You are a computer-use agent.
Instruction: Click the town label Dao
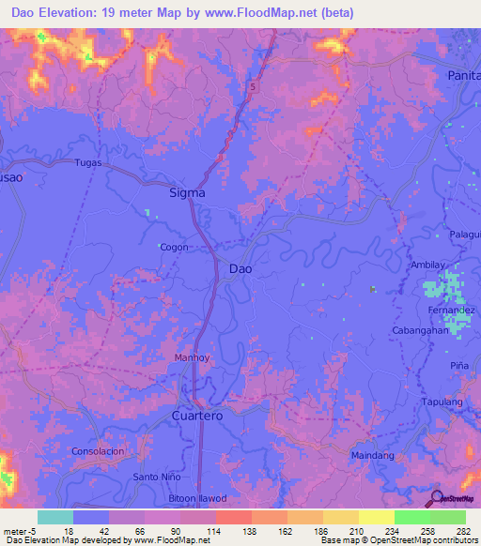pyautogui.click(x=240, y=268)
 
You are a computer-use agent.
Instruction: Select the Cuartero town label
pyautogui.click(x=200, y=415)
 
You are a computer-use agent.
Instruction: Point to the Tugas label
pyautogui.click(x=88, y=162)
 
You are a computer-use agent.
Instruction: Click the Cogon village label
pyautogui.click(x=174, y=248)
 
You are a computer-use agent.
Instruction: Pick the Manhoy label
pyautogui.click(x=194, y=357)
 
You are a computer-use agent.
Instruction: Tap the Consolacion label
pyautogui.click(x=98, y=451)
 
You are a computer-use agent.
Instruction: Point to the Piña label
pyautogui.click(x=458, y=365)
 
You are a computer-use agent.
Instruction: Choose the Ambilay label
pyautogui.click(x=430, y=265)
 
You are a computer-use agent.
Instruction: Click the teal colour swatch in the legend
pyautogui.click(x=55, y=517)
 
